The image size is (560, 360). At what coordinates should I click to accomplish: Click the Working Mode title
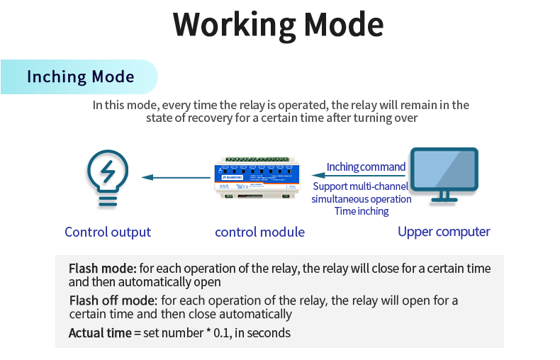[x=279, y=24]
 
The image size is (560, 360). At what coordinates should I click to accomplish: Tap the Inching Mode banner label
[x=80, y=77]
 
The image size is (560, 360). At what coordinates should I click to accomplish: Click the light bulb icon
[x=108, y=179]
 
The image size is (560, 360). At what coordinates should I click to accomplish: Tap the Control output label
[x=108, y=232]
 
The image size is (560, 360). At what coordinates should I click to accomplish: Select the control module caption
[x=259, y=232]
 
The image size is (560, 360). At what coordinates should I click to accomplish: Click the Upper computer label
[x=444, y=232]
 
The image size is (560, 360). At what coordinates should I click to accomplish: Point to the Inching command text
[x=366, y=167]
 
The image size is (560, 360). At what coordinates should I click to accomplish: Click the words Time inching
[x=362, y=211]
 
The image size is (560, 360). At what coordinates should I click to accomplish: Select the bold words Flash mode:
[x=102, y=269]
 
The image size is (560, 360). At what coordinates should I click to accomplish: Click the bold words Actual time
[x=99, y=332]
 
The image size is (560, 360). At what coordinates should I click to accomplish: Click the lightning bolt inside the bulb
[x=108, y=171]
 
